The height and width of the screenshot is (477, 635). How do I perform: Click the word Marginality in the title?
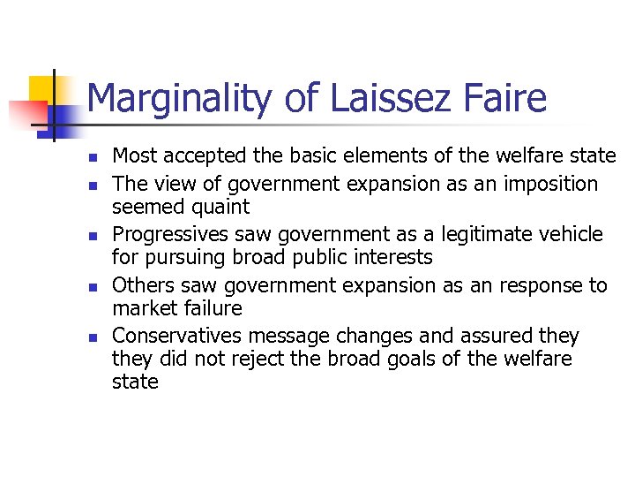click(179, 99)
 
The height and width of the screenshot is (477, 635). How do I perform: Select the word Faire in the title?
click(506, 99)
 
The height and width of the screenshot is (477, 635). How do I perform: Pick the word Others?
click(140, 285)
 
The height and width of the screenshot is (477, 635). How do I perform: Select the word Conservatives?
click(179, 337)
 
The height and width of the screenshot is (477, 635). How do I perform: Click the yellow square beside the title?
click(42, 89)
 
